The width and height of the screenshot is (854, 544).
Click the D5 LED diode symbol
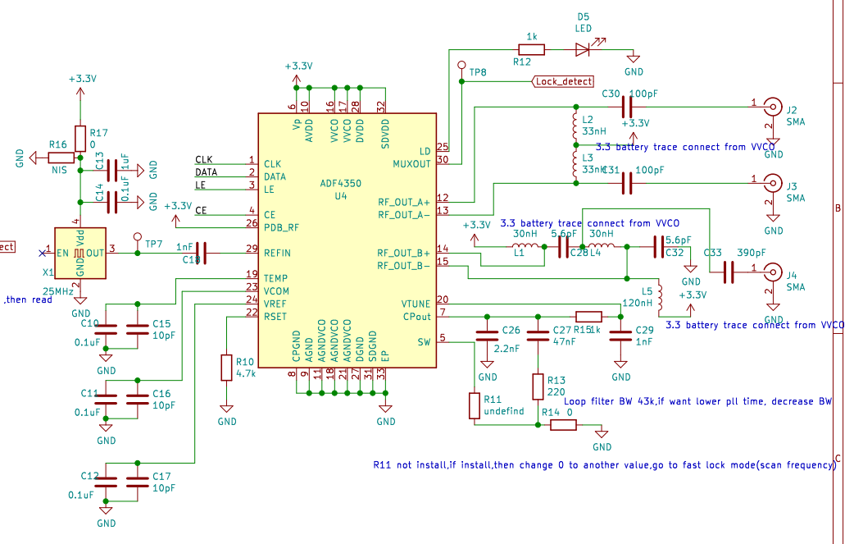584,49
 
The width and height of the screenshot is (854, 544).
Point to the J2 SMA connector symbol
773,106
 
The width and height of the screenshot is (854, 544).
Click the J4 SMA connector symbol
773,272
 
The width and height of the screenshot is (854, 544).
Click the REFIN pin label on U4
277,253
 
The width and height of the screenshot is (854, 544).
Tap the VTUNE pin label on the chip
415,304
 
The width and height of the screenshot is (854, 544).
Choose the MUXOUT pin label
411,163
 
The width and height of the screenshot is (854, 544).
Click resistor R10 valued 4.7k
227,368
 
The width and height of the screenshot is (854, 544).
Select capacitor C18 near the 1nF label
200,254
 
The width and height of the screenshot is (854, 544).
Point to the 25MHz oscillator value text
60,291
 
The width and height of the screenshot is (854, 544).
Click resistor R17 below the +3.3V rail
79,138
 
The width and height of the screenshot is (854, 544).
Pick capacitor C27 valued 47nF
538,335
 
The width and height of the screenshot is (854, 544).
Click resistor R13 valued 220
538,386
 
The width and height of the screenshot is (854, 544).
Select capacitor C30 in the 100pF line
628,106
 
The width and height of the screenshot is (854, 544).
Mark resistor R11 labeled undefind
474,405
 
